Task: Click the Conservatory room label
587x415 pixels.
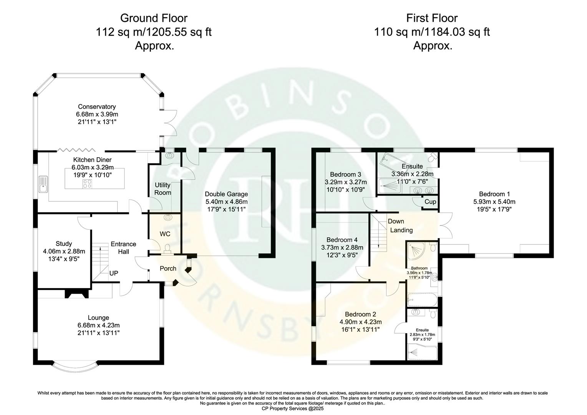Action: click(x=97, y=107)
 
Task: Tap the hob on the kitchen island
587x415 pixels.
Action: click(x=87, y=184)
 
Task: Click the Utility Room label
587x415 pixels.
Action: click(x=163, y=189)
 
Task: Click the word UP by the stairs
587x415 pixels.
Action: click(x=114, y=273)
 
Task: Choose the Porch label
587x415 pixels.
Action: click(x=168, y=269)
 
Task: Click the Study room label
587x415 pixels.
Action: click(x=64, y=244)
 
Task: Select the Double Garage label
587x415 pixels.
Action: click(x=226, y=194)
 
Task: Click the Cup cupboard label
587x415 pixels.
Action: click(x=430, y=202)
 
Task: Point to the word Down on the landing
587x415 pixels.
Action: click(x=396, y=221)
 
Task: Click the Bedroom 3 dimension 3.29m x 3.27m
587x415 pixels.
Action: click(x=346, y=182)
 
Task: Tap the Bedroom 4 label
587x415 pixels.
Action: click(x=342, y=240)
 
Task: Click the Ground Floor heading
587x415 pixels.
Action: click(x=154, y=18)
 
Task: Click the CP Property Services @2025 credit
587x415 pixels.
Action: click(x=293, y=409)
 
